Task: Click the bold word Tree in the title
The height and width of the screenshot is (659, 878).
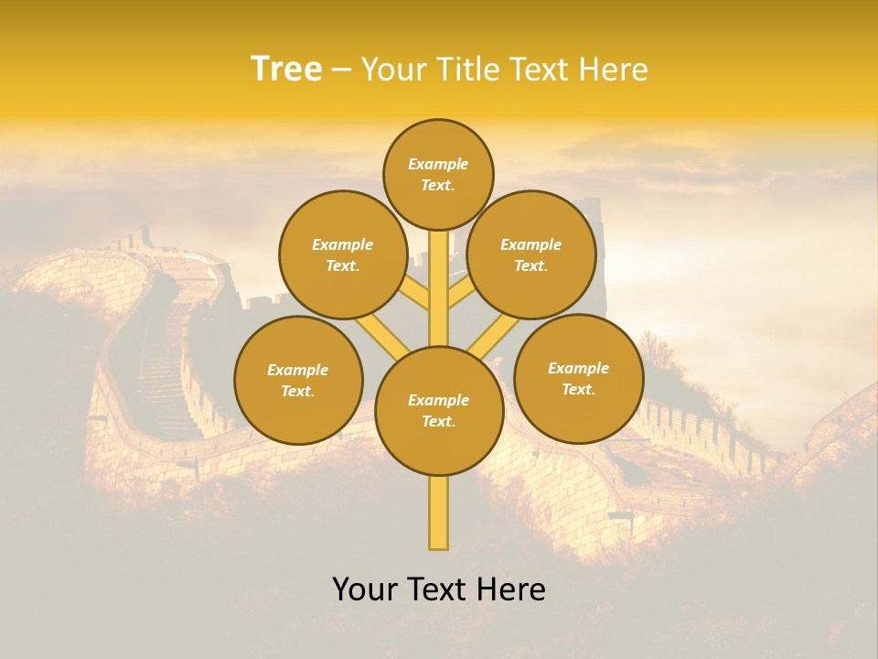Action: coord(285,69)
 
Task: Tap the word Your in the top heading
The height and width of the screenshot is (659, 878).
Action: coord(392,69)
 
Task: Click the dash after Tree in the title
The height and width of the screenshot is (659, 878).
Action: coord(341,70)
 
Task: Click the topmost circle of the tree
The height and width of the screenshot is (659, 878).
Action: coord(438,174)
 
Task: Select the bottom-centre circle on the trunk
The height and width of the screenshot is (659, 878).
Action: coord(439,411)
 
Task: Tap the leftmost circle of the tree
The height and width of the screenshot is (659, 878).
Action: coord(298,380)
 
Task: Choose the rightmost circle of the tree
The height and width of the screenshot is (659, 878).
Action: coord(578,378)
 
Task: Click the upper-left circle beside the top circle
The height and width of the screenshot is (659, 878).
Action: coord(342,254)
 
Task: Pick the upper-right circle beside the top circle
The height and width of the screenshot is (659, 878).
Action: coord(531,254)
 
